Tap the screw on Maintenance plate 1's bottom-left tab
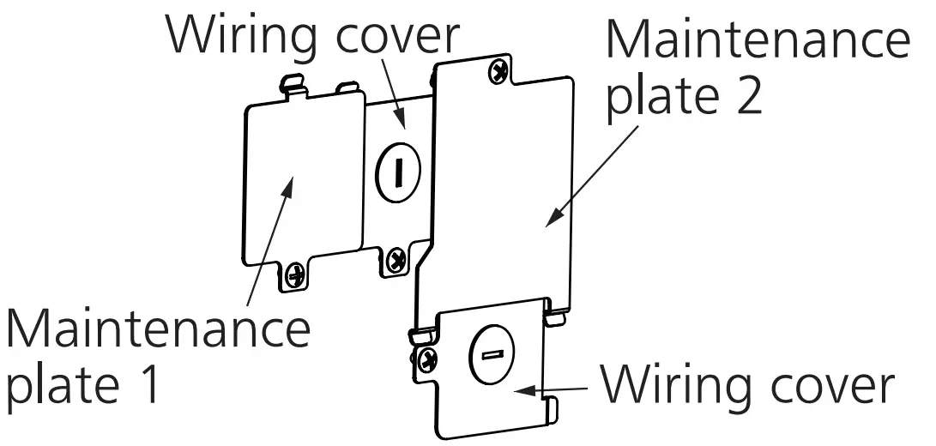294,274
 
